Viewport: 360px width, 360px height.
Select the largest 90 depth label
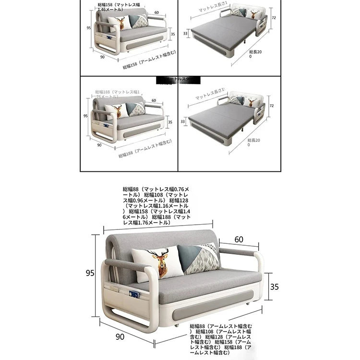tap(120, 337)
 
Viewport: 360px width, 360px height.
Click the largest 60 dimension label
tap(239, 239)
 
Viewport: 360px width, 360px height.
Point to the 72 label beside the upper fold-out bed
tap(274, 17)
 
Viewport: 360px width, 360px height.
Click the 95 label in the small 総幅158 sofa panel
tap(89, 28)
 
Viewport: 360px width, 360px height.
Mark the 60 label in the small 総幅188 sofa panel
tap(154, 101)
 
